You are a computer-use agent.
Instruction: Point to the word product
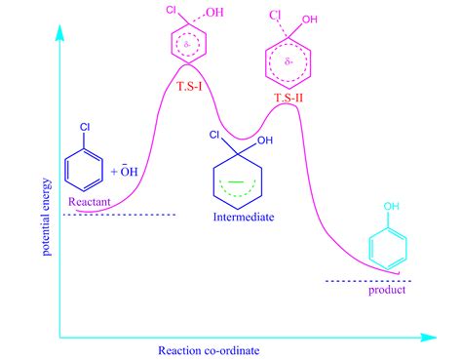click(385, 291)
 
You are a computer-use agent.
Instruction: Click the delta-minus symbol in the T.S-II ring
click(286, 60)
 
